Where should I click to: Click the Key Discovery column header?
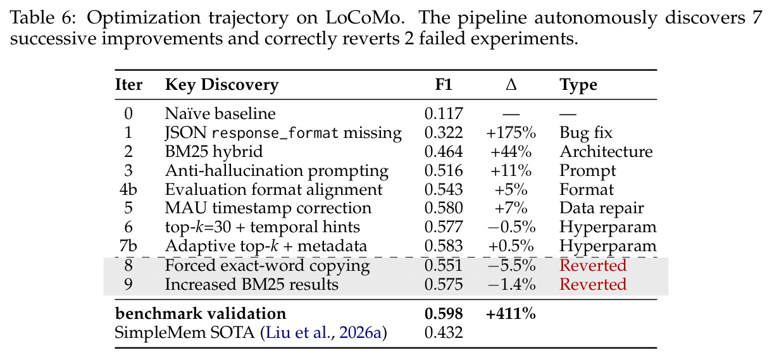(221, 85)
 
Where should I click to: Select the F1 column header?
(444, 84)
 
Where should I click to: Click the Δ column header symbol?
(511, 84)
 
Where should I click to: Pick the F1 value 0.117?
(444, 113)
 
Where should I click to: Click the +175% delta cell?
(511, 133)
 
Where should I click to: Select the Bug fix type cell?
(586, 133)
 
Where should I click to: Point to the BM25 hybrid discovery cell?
(214, 152)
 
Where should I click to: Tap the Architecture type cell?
(606, 152)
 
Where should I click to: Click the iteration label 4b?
(128, 189)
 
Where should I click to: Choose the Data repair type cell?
(601, 208)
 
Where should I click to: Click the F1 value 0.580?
(444, 208)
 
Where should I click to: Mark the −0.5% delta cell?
(512, 227)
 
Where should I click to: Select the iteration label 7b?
(128, 246)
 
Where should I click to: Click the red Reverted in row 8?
(593, 265)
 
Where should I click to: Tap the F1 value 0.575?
(444, 285)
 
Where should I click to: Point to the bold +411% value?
(511, 314)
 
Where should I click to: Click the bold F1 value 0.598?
(444, 314)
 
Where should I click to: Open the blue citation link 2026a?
(360, 333)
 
